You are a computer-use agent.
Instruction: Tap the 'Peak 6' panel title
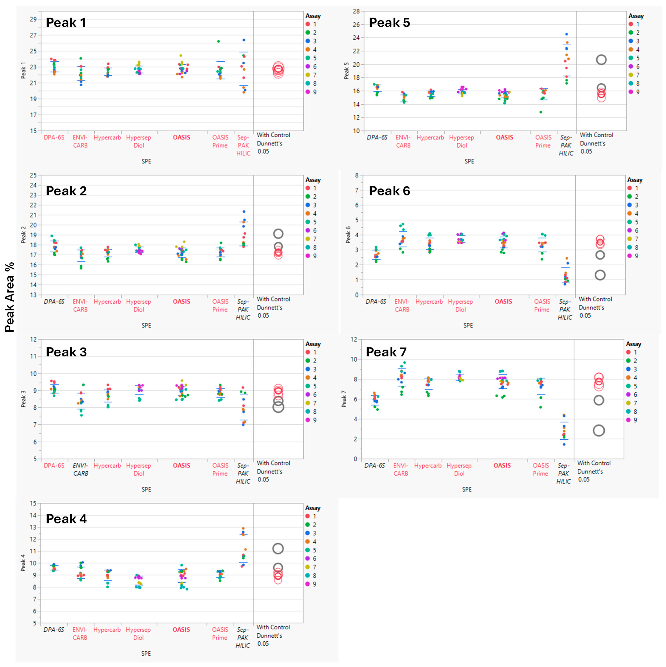coord(389,191)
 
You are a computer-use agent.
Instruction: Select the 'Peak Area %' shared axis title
coord(10,297)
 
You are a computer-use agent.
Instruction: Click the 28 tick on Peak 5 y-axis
coord(356,11)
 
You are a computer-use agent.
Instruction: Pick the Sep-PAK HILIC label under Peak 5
coord(566,145)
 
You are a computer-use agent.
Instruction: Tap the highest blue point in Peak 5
coord(566,34)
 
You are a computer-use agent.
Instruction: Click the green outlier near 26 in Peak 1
coord(218,41)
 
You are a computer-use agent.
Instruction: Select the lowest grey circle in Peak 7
coord(599,431)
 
